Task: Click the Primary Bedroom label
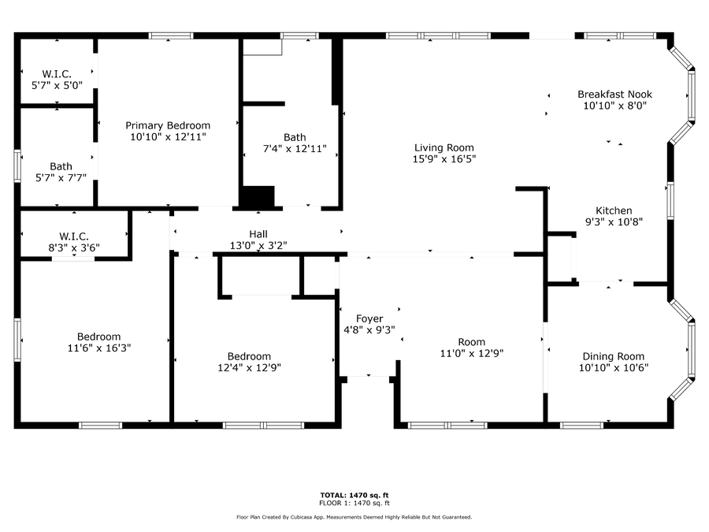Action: pos(168,125)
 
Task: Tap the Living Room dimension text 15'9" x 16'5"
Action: pos(444,158)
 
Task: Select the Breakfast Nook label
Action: pos(614,94)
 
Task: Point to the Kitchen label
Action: pos(614,210)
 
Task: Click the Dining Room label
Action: pos(613,356)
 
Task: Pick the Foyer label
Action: pos(369,318)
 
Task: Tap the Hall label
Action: pos(258,234)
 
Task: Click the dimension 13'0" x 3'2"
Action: pos(258,245)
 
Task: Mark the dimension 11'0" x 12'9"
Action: pos(472,353)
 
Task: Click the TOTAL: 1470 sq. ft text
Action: pos(354,495)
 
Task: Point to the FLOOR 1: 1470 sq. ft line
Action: pos(354,503)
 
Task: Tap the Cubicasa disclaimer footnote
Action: pos(354,517)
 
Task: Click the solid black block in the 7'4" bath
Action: pos(257,197)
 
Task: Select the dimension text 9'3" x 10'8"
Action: pos(614,221)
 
